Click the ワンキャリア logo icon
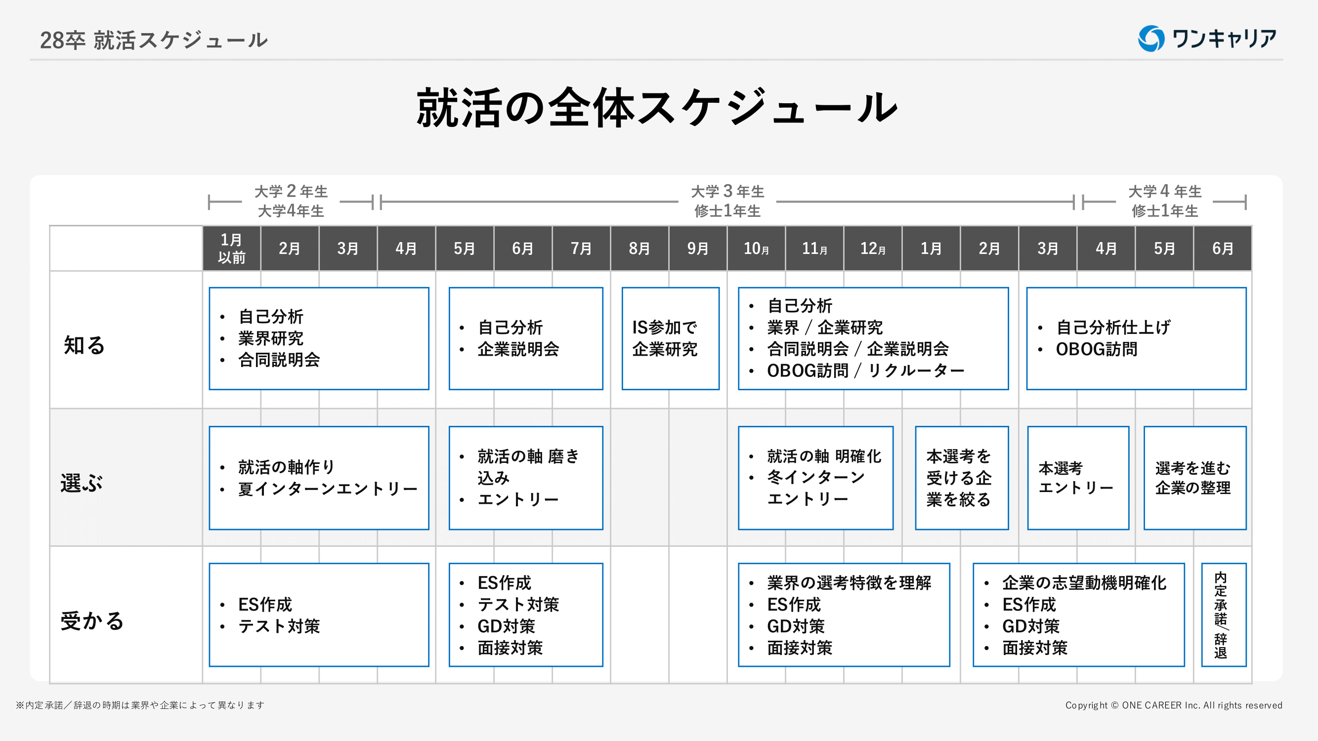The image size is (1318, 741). coord(1151,39)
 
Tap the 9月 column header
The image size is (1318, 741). coord(697,248)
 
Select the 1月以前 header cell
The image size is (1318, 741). coord(231,248)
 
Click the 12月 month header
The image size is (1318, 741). coord(872,248)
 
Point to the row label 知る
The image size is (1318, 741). coord(84,345)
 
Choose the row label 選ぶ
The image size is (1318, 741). coord(82,483)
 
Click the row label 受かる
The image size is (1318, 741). coord(92,621)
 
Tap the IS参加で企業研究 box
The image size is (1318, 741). coord(670,338)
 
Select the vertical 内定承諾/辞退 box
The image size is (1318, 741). coord(1223,615)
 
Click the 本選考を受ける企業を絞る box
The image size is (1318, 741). coord(962,478)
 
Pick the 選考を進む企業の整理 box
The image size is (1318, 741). coord(1194,478)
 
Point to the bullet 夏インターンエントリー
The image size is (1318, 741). coord(328,489)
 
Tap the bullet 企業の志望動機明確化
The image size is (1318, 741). coord(1084,583)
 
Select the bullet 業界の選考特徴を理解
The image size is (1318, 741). coord(849,583)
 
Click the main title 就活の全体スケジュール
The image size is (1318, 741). coord(657,107)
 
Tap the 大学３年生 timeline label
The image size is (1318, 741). coord(727,191)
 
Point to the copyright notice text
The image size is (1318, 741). coord(1174,705)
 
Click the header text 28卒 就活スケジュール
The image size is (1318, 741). coord(154,40)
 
